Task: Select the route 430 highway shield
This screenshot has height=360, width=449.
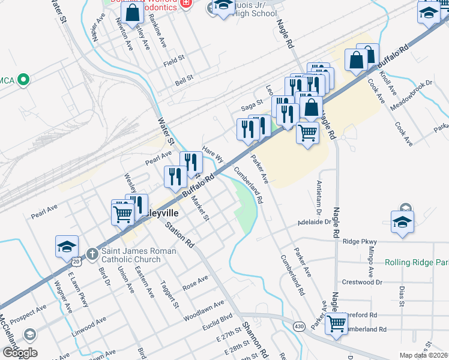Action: (298, 326)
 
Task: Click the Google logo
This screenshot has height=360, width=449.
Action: (19, 353)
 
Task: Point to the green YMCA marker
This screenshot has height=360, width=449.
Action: (23, 79)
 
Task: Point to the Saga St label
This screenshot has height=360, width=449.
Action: (252, 104)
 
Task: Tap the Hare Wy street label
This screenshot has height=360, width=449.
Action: (213, 155)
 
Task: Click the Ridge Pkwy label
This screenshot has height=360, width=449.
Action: (359, 241)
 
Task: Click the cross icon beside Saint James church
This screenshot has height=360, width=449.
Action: (92, 254)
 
